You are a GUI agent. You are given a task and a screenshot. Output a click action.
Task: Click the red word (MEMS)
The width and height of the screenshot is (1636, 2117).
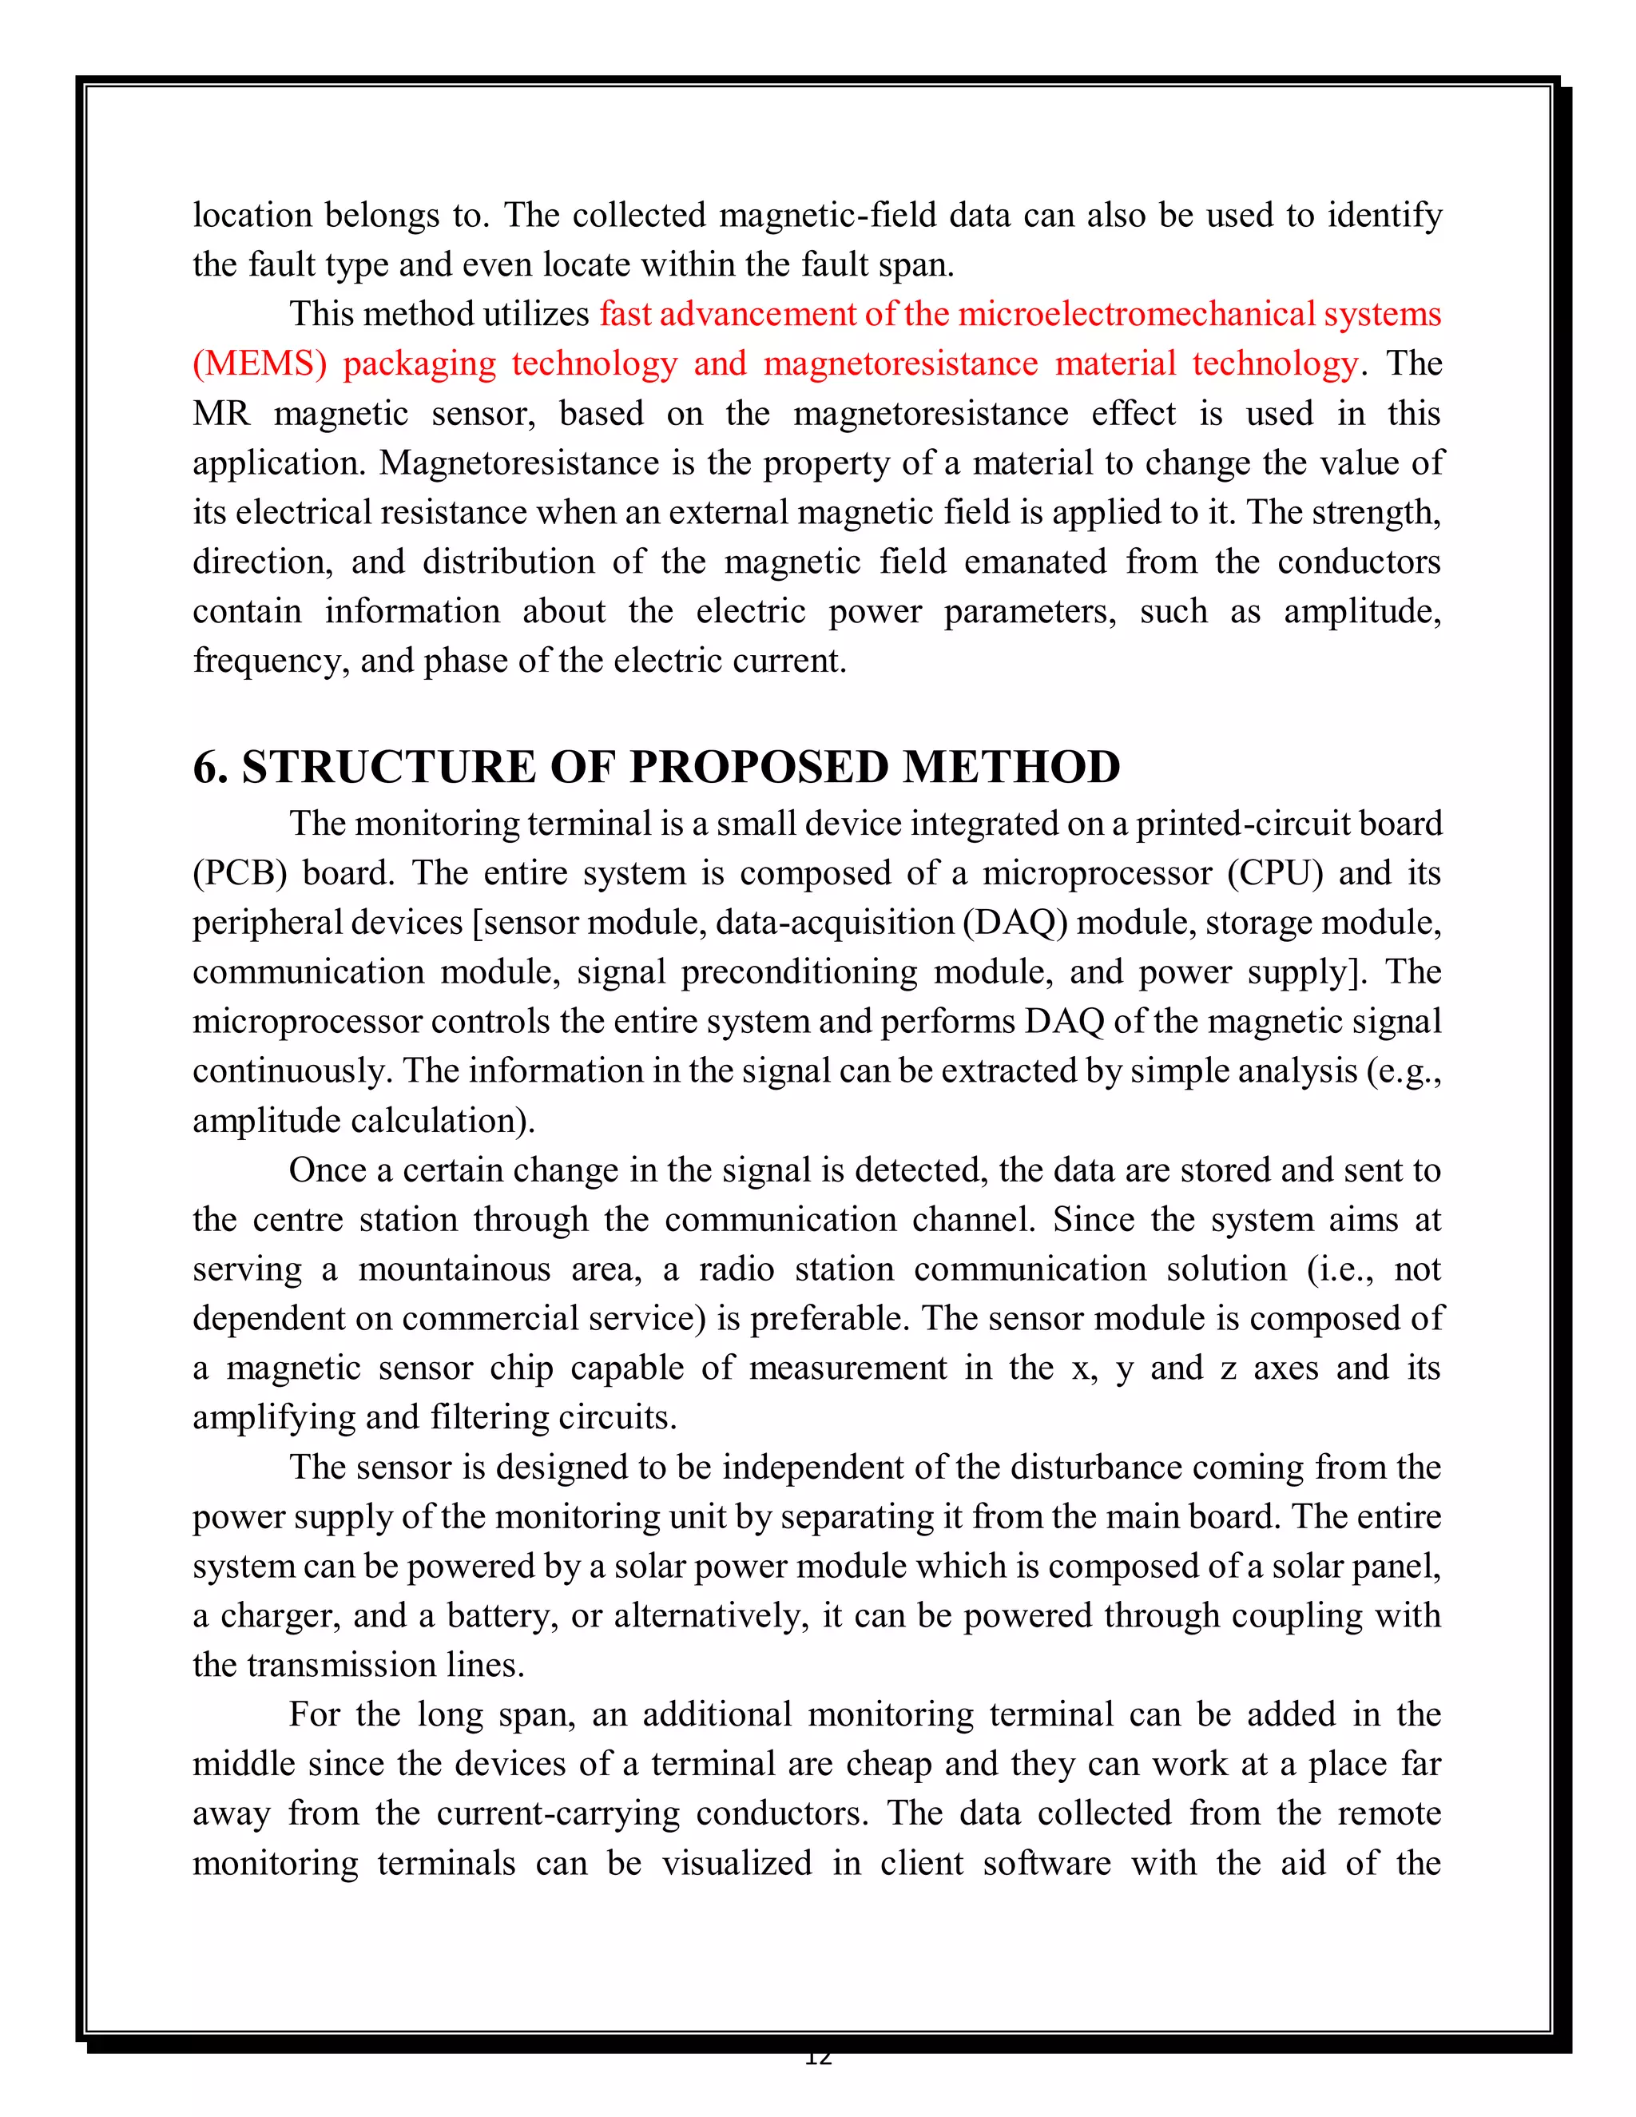[259, 363]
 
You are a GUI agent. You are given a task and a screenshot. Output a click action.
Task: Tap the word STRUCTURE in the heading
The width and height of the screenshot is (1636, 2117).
[387, 768]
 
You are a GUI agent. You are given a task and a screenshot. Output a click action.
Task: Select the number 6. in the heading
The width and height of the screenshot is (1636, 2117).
[209, 768]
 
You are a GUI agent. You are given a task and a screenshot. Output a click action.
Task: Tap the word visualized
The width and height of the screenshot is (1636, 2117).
[737, 1863]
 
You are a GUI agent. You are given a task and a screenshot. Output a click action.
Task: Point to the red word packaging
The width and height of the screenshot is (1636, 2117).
[419, 363]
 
